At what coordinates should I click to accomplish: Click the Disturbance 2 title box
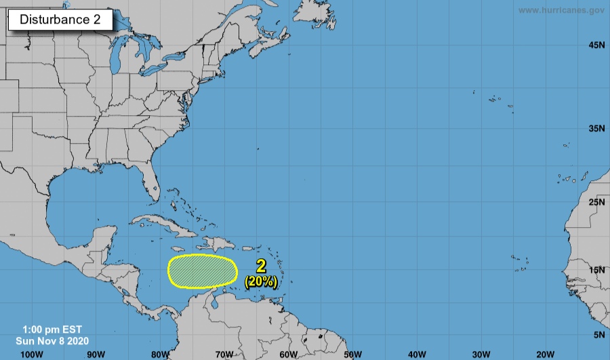click(60, 20)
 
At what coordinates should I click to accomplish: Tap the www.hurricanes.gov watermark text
click(561, 10)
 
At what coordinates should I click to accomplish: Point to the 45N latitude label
click(596, 45)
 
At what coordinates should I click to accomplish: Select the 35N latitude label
click(596, 128)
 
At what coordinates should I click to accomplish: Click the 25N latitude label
click(596, 203)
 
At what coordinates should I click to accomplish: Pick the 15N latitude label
click(596, 271)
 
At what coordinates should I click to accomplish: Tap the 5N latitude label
click(599, 335)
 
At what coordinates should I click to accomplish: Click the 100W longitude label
click(31, 354)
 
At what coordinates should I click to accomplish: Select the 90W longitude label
click(96, 354)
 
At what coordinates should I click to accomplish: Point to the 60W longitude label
click(289, 354)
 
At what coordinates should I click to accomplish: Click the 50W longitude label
click(353, 354)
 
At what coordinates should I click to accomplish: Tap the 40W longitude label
click(418, 354)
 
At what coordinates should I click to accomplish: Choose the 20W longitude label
click(546, 354)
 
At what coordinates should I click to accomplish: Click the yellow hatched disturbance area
click(202, 271)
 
